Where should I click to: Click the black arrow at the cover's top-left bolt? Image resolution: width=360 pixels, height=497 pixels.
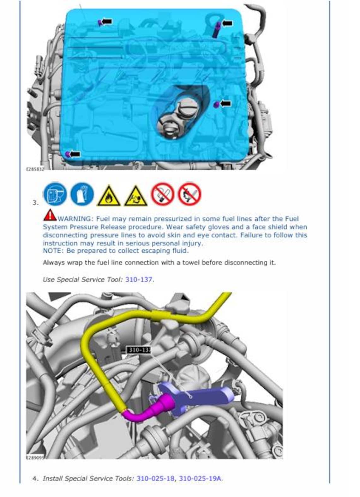click(x=107, y=21)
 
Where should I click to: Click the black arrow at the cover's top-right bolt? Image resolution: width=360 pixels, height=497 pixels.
click(x=227, y=23)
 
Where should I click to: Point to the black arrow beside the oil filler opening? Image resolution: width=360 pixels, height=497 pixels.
click(x=225, y=103)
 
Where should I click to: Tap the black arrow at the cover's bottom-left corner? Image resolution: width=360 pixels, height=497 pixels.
click(x=75, y=154)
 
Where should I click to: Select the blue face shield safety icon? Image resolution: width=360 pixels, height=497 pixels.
click(x=55, y=194)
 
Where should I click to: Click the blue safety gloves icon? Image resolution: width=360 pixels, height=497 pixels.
click(x=82, y=194)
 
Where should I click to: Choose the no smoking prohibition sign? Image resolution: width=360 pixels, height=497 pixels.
click(x=162, y=194)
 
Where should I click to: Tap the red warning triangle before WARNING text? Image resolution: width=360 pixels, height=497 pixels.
click(x=50, y=215)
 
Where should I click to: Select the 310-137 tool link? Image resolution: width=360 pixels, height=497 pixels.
click(x=139, y=279)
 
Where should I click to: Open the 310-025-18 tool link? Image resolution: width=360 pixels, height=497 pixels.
click(x=155, y=478)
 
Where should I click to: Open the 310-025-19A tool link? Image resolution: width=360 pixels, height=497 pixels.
click(x=200, y=478)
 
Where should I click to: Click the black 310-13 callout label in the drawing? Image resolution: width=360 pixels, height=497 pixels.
click(x=139, y=350)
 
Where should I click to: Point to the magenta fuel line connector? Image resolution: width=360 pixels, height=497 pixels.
click(x=155, y=408)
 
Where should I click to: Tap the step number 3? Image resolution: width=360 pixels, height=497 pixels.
click(x=35, y=203)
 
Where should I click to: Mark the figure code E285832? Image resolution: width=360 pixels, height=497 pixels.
click(x=34, y=169)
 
